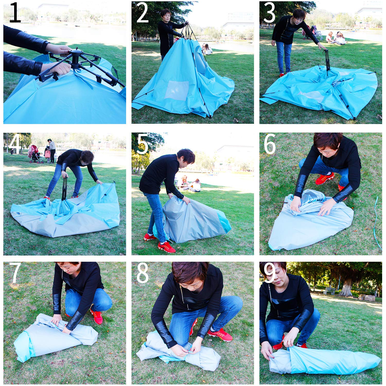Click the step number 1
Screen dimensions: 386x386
pyautogui.click(x=15, y=12)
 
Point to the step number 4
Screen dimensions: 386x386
pyautogui.click(x=15, y=144)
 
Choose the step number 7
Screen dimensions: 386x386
pyautogui.click(x=15, y=273)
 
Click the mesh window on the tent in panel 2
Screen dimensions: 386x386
pyautogui.click(x=177, y=90)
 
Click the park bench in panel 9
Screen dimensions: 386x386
pyautogui.click(x=330, y=291)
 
